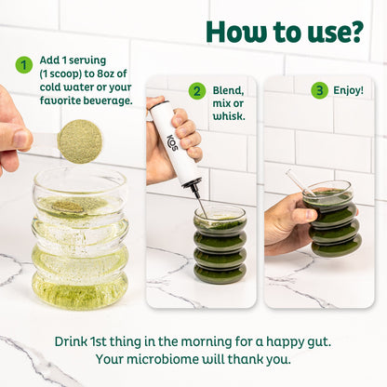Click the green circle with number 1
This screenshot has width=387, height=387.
click(x=23, y=65)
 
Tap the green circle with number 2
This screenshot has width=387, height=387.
click(x=196, y=91)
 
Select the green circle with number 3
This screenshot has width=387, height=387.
click(x=319, y=90)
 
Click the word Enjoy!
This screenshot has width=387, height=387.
click(x=348, y=90)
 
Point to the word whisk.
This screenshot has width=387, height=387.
click(x=229, y=116)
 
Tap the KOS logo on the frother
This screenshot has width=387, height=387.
click(x=173, y=142)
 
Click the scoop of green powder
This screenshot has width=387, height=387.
click(x=80, y=141)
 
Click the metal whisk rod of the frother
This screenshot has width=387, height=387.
click(x=201, y=203)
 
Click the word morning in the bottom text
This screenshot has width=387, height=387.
click(x=207, y=342)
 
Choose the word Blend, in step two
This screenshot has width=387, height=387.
click(x=228, y=91)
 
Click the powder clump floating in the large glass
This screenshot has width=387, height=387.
click(x=68, y=207)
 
